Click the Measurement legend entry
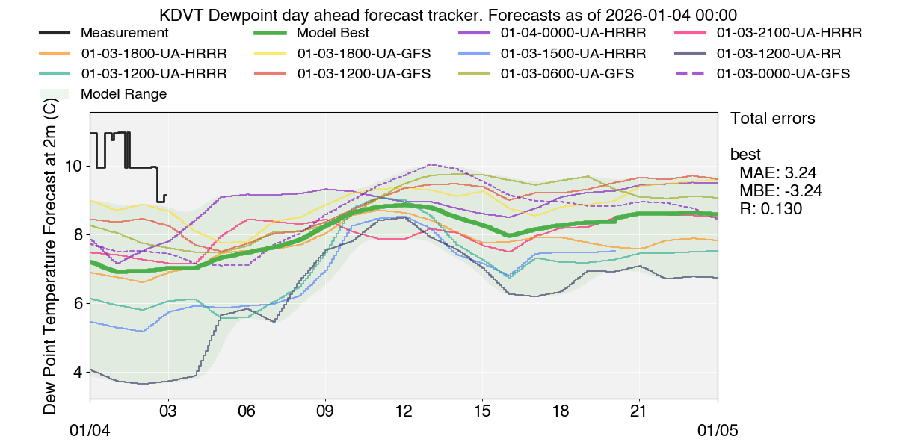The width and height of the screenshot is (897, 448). [x=124, y=34]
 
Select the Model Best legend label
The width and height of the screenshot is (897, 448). [x=332, y=34]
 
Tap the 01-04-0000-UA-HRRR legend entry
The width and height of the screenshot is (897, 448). [x=573, y=34]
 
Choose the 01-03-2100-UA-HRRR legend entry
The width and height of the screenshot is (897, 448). [x=789, y=34]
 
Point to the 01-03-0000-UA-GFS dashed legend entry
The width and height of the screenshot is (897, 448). [x=783, y=74]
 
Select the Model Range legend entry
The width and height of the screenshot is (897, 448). [x=123, y=94]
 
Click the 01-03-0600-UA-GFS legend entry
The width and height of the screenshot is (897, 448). [x=567, y=74]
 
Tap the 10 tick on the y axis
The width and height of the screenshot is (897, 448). [x=74, y=166]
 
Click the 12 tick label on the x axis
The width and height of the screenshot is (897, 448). [x=404, y=411]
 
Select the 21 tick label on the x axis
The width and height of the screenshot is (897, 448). [x=639, y=411]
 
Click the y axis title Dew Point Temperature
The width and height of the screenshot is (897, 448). [x=50, y=258]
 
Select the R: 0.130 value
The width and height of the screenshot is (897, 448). [x=771, y=209]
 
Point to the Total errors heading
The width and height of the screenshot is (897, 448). [x=772, y=118]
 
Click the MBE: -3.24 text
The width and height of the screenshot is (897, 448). [x=780, y=191]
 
